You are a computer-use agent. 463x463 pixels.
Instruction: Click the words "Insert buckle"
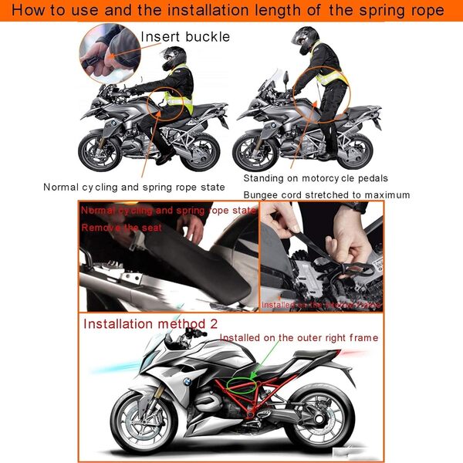pos(184,36)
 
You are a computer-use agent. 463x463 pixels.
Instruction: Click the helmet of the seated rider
pos(174,59)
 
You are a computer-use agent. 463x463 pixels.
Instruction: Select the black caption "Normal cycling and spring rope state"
pos(133,187)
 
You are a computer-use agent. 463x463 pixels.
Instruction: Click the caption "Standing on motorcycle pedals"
pos(315,179)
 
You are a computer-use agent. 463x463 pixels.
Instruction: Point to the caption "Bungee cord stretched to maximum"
pos(326,194)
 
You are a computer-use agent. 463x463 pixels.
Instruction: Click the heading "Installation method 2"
pos(147,323)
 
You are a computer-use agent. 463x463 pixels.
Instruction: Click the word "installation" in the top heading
pos(221,11)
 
